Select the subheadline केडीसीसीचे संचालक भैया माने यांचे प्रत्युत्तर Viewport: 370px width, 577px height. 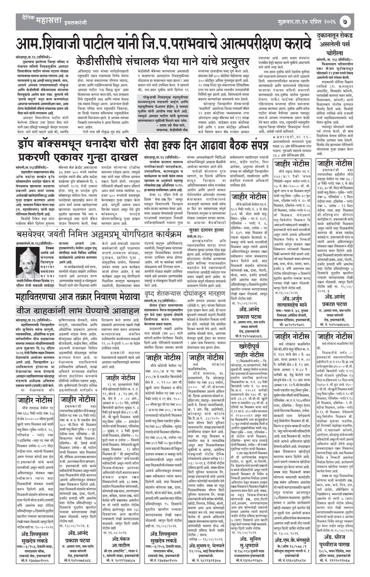[x=163, y=61]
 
